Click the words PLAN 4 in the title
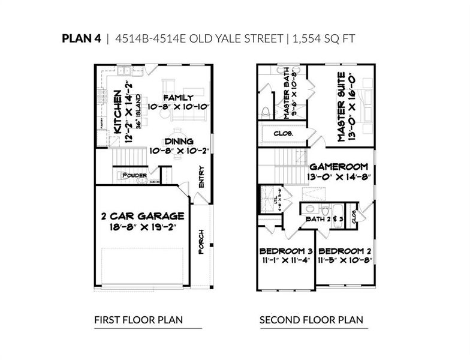[x=82, y=39]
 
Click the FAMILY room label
[x=178, y=98]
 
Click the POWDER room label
[x=134, y=176]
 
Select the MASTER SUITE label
[x=340, y=107]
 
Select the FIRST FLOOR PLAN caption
[x=138, y=320]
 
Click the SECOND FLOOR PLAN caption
[x=311, y=320]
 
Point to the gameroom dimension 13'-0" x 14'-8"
[x=340, y=178]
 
